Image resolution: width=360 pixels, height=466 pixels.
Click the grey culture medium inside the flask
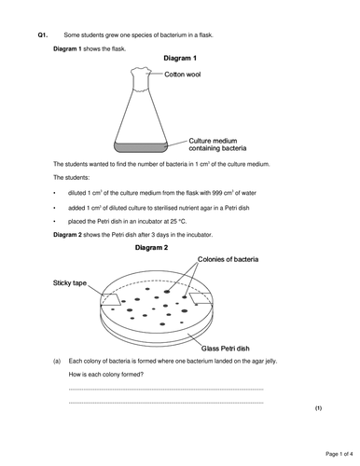point(144,145)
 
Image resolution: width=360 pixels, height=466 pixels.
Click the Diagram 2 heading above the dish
point(152,250)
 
